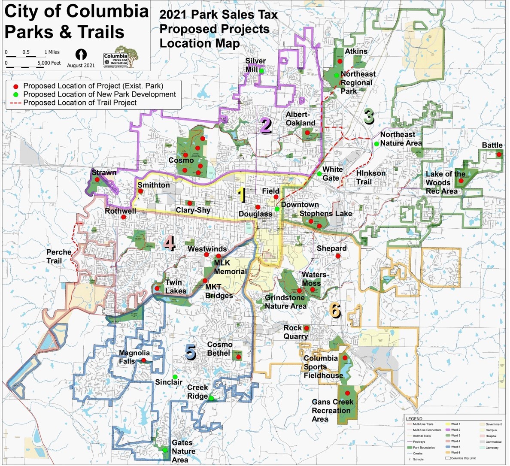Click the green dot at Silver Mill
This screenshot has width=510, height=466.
(x=261, y=71)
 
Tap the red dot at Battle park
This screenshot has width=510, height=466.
(x=499, y=154)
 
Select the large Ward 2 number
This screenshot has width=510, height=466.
(x=266, y=126)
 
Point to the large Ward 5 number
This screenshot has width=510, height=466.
(x=191, y=353)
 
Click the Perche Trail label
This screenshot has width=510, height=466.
(x=59, y=256)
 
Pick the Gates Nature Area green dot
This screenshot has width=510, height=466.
(x=165, y=450)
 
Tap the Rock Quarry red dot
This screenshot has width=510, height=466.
(x=307, y=329)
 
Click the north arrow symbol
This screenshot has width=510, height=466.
(x=81, y=54)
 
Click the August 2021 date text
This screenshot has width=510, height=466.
(x=81, y=66)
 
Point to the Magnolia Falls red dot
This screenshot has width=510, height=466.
(x=144, y=360)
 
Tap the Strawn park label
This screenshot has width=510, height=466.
(x=104, y=173)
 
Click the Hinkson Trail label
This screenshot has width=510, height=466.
(x=371, y=177)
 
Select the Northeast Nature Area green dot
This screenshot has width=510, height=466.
(x=376, y=144)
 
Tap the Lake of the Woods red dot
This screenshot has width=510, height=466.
(x=461, y=181)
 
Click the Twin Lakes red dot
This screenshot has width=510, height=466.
(x=158, y=288)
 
